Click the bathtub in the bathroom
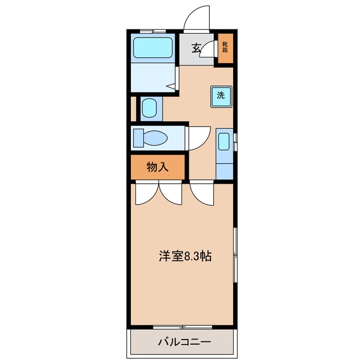pos(153,48)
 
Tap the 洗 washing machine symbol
pos(221,97)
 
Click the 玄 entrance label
pos(196,48)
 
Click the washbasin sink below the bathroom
pos(149,107)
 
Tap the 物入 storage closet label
pos(158,167)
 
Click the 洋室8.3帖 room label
pos(185,256)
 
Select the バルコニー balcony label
pos(184,342)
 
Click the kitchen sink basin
pos(224,142)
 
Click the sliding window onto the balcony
pos(183,328)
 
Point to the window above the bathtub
pos(153,31)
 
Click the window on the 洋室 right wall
pos(235,255)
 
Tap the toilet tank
pos(138,138)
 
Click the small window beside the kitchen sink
pos(235,142)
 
